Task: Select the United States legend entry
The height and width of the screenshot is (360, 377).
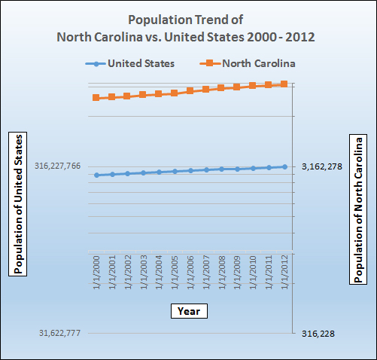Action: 129,63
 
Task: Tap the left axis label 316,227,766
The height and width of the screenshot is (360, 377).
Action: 57,166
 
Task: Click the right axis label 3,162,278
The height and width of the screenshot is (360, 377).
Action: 322,166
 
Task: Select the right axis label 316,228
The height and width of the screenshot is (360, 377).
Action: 319,333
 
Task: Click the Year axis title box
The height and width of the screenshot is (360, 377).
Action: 188,310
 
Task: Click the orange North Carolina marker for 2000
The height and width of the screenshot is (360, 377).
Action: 96,98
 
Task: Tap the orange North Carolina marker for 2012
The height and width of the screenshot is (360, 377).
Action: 284,84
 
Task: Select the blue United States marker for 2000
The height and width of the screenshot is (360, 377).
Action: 96,175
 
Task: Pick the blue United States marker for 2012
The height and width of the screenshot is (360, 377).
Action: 284,166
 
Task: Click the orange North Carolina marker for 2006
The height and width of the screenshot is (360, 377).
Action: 190,91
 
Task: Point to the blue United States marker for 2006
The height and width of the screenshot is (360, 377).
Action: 190,171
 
